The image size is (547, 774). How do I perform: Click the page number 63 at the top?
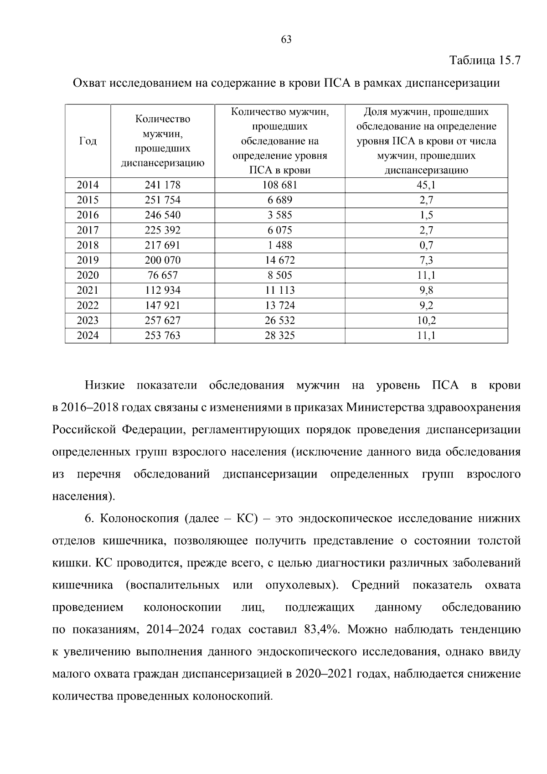pos(286,40)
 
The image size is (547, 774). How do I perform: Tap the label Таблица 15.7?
pos(485,60)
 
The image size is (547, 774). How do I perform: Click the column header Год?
pos(88,141)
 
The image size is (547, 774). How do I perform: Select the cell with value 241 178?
pos(162,185)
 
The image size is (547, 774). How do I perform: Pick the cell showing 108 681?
pos(279,185)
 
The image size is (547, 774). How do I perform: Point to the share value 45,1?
pos(426,185)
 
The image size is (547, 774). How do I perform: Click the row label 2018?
pos(88,245)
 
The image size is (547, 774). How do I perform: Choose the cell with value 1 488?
pos(279,245)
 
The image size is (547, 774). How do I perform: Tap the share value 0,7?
pos(426,245)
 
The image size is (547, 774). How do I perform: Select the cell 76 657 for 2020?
pos(162,275)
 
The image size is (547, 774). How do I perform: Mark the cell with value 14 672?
pos(279,260)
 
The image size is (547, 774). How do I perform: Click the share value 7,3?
pos(426,260)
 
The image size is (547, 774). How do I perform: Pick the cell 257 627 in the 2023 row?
pos(162,321)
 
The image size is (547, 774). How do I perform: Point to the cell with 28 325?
pos(279,336)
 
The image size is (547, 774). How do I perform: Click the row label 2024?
pos(88,336)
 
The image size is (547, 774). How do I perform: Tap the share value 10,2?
pos(426,321)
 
